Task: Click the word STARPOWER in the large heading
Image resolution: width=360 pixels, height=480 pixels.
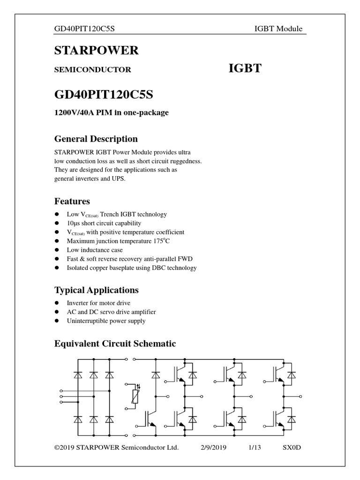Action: [x=97, y=51]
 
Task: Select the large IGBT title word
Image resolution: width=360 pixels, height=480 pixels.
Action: [x=245, y=69]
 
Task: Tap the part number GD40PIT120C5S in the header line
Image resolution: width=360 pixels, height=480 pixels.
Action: [x=85, y=29]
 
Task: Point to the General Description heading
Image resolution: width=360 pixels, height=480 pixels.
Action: [x=96, y=139]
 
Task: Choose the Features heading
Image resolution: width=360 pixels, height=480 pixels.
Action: [x=72, y=202]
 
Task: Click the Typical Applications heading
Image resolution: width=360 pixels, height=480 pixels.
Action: [x=97, y=290]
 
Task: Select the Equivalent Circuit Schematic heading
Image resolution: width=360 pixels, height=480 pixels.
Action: [x=115, y=344]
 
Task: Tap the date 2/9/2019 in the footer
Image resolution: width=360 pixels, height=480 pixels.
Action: [x=213, y=447]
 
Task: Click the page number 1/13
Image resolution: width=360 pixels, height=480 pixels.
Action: [x=255, y=447]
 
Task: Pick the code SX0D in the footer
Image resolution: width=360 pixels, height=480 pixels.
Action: [x=291, y=447]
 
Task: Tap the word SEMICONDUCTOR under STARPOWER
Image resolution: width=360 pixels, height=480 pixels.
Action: [x=93, y=70]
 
